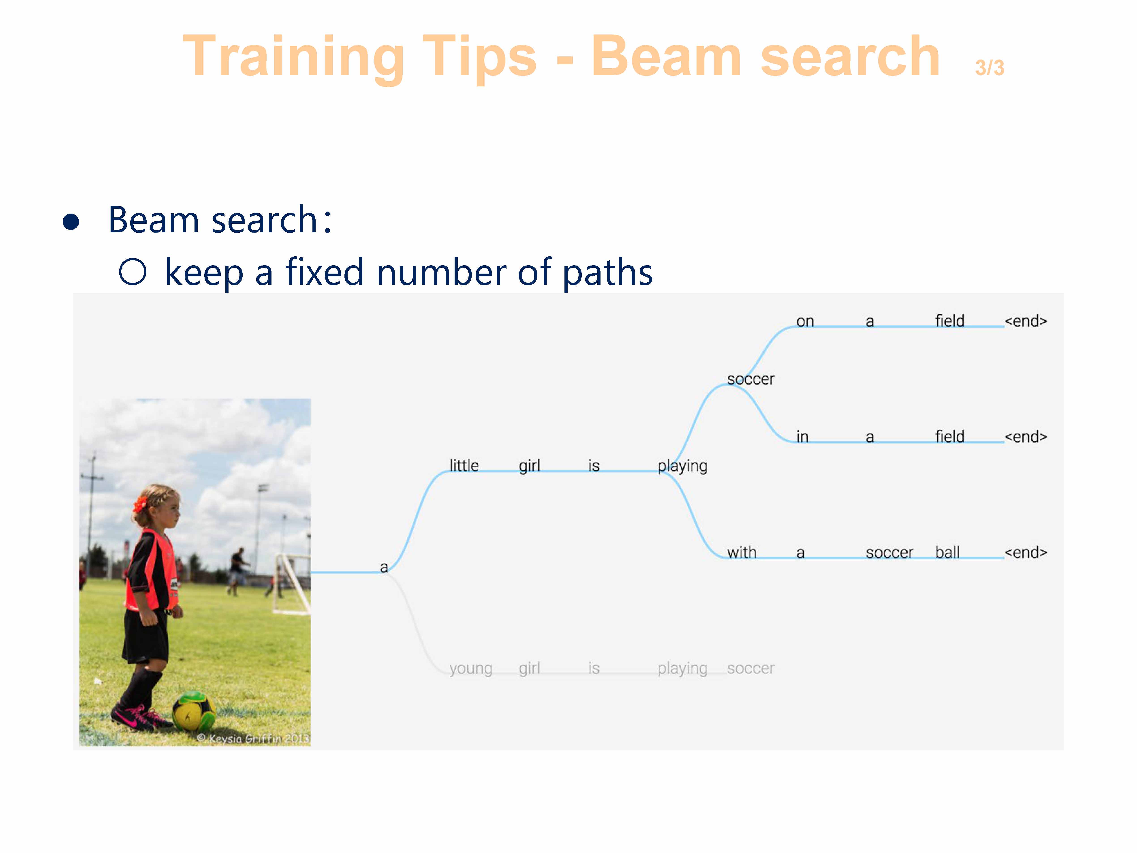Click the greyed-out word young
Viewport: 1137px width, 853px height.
(x=470, y=669)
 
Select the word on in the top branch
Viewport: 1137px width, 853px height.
(x=805, y=321)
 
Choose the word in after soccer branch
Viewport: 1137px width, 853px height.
(x=802, y=437)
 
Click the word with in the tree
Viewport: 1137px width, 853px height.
(x=742, y=552)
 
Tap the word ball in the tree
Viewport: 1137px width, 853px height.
(x=947, y=552)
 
